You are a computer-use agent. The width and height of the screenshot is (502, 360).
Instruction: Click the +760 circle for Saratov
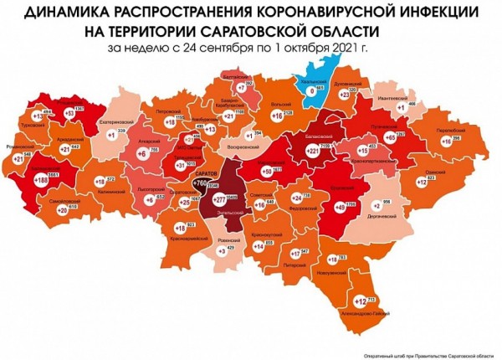[x=201, y=183]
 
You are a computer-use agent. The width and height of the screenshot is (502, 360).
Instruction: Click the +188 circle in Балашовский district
[x=39, y=179]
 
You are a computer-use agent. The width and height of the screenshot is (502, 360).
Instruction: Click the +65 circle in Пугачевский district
[x=389, y=137]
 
